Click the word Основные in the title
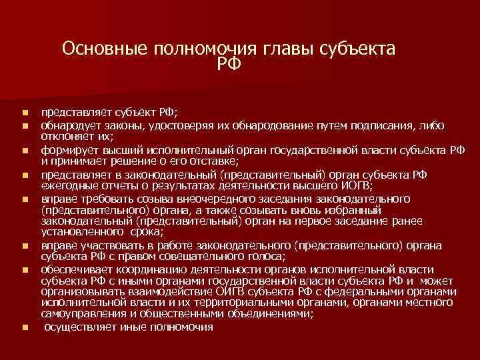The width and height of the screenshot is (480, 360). pyautogui.click(x=105, y=50)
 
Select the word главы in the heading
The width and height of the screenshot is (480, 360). pyautogui.click(x=276, y=50)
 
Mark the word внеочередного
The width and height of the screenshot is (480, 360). pyautogui.click(x=193, y=201)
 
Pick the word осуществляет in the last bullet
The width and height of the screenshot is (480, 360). pyautogui.click(x=77, y=327)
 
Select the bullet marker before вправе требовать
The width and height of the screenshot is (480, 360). pyautogui.click(x=25, y=201)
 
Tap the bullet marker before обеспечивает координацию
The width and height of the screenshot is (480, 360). pyautogui.click(x=25, y=271)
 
